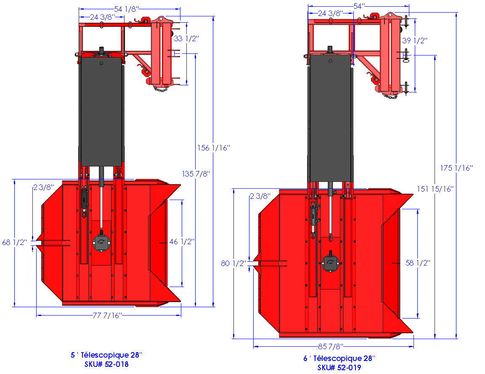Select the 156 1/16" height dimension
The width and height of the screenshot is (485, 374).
[214, 148]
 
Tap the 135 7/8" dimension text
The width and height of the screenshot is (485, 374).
[196, 174]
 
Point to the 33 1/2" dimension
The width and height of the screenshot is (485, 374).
[186, 39]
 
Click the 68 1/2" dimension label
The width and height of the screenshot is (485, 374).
[15, 242]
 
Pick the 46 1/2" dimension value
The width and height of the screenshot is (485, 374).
[182, 242]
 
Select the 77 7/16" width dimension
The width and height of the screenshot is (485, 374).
[107, 316]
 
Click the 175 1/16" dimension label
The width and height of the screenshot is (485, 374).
[456, 168]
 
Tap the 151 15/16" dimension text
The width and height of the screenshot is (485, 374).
[435, 189]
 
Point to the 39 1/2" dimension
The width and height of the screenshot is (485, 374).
[414, 41]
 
